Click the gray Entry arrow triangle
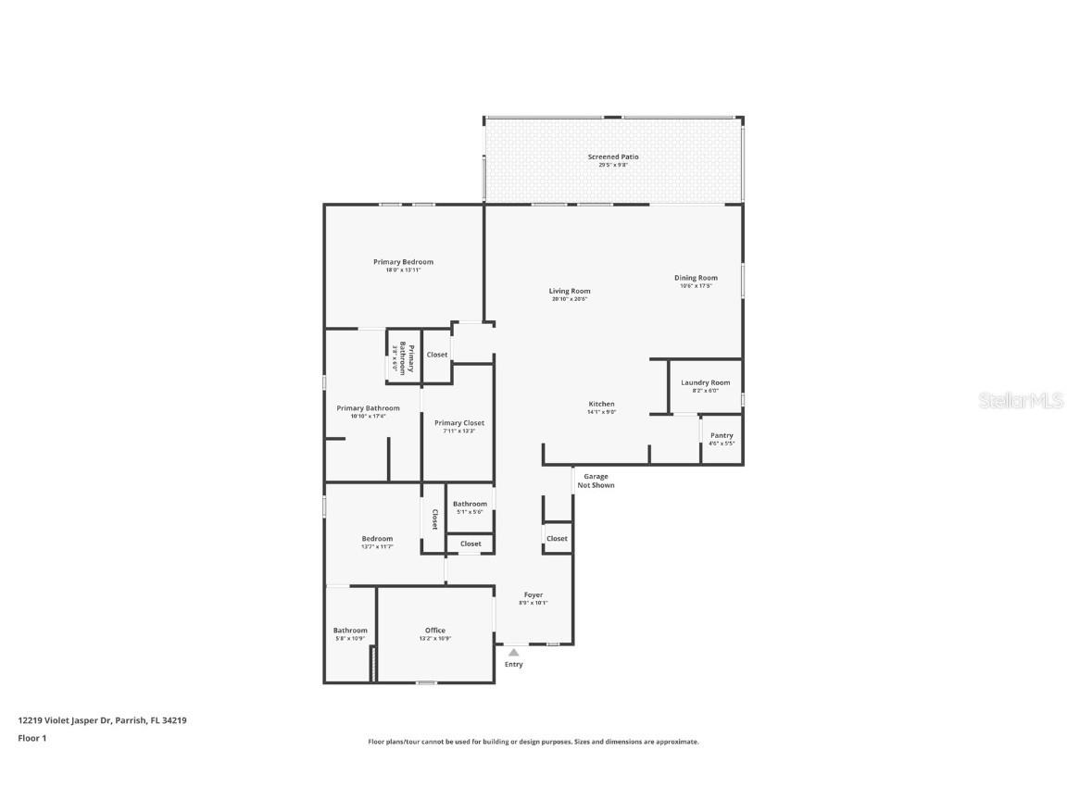[x=513, y=652]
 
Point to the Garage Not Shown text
[x=596, y=481]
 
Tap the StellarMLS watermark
[x=1021, y=401]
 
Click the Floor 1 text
[x=31, y=738]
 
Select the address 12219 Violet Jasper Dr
[x=102, y=719]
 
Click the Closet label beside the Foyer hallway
[x=557, y=538]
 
